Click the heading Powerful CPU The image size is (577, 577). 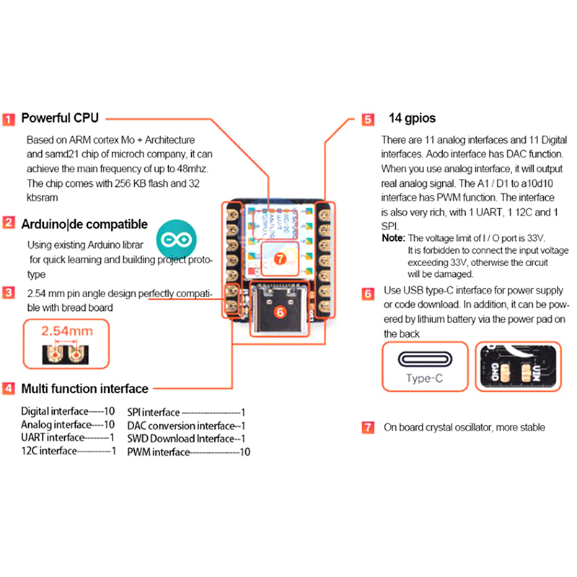point(60,118)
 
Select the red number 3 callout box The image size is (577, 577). point(9,293)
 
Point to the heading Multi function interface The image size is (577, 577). point(84,389)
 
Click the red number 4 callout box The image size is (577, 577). point(9,389)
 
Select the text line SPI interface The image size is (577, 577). point(187,413)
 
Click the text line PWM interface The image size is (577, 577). point(188,452)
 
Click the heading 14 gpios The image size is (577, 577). point(412,118)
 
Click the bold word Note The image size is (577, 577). point(393,238)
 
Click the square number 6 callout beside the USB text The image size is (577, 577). point(368,294)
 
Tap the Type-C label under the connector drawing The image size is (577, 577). point(424,378)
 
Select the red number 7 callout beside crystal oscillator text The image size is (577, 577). point(368,428)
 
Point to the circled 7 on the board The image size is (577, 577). point(281,255)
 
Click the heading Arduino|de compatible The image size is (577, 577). point(84,224)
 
